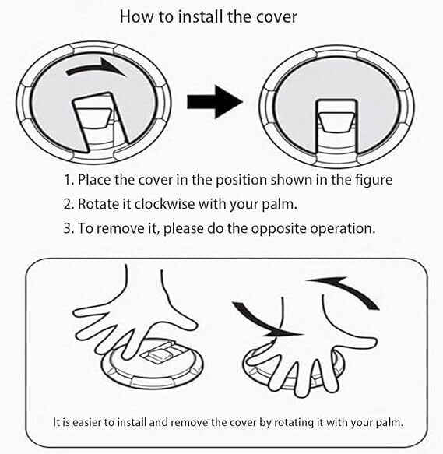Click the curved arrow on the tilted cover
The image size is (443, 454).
(97, 67)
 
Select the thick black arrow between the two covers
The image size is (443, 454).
(215, 102)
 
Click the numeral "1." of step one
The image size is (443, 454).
(69, 180)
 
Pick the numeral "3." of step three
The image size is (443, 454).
(69, 228)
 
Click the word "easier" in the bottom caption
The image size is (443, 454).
(86, 422)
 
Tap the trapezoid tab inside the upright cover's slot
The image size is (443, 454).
(336, 122)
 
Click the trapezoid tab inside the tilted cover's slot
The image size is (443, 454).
(93, 118)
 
